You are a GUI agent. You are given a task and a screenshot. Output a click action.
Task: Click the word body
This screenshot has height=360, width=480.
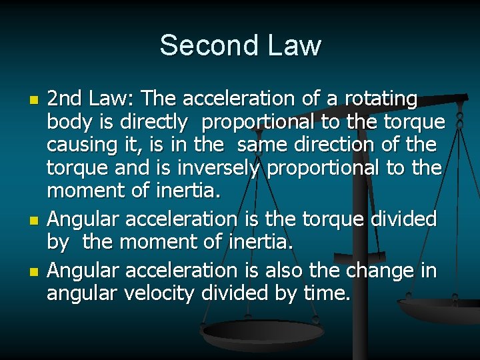[67, 122]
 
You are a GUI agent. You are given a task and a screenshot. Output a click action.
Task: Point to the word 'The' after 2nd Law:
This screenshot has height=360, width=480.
[159, 99]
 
